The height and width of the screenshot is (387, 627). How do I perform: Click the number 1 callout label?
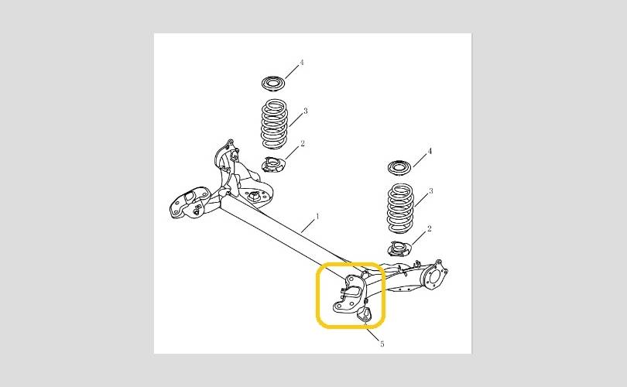click(318, 216)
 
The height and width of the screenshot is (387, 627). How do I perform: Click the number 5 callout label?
click(382, 344)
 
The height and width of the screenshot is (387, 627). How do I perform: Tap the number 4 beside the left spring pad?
click(302, 63)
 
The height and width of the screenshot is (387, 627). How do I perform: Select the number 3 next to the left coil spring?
click(306, 111)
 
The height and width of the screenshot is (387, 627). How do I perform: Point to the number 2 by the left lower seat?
click(303, 143)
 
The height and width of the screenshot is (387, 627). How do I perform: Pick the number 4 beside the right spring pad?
click(430, 151)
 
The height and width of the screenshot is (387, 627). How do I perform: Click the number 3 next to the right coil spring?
click(430, 191)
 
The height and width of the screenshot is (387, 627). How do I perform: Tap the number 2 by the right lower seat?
click(430, 228)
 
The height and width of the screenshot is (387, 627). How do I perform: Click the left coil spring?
click(274, 124)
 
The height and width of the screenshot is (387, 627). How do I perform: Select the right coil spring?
click(400, 208)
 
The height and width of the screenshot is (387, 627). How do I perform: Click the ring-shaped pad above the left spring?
click(273, 84)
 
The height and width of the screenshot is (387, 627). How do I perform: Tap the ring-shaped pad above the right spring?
click(399, 166)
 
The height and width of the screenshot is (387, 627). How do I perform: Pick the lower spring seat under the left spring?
click(272, 164)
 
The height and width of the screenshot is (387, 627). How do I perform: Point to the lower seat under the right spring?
click(400, 248)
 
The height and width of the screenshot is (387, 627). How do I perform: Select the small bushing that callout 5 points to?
click(364, 313)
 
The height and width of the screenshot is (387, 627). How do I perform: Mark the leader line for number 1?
click(308, 227)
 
